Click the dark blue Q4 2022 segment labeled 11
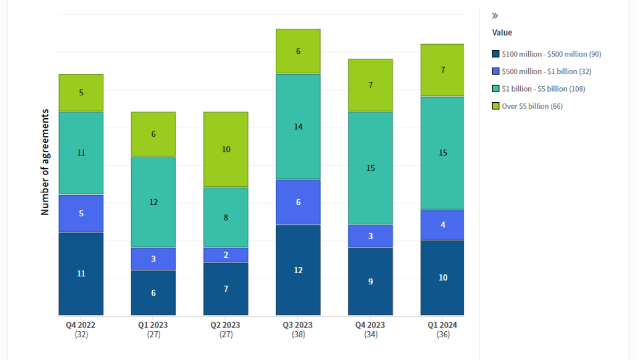81,274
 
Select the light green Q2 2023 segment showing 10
226,150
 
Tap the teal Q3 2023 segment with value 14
298,127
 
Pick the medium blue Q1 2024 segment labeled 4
443,225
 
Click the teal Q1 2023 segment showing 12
153,202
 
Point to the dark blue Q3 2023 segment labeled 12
298,270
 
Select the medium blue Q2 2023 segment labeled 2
226,255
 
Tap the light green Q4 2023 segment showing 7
371,85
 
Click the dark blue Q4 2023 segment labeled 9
371,281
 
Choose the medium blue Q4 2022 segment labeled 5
81,214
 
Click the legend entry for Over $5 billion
532,106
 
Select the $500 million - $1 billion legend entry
546,71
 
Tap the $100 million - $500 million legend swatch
496,54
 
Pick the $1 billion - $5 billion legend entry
543,89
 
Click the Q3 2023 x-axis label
298,325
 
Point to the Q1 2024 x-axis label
443,325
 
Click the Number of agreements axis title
45,162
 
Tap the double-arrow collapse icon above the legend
495,16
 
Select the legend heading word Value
502,32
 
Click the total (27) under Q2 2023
226,334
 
